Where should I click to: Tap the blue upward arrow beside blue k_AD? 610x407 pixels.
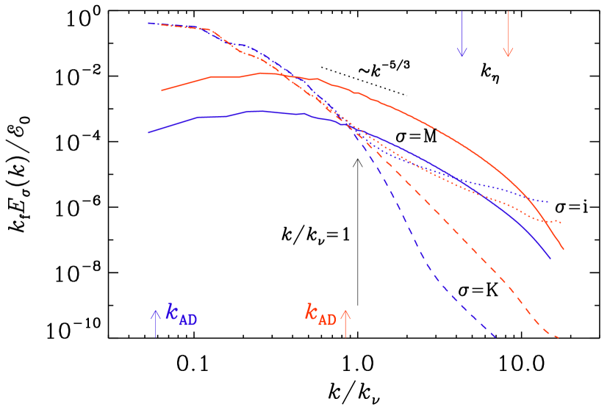coord(155,323)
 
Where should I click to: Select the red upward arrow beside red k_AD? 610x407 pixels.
coord(345,323)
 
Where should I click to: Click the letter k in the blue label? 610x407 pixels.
coord(172,312)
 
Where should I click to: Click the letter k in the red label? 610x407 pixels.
coord(312,312)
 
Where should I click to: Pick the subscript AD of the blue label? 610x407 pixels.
coord(188,320)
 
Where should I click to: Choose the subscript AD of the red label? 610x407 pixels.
coord(328,320)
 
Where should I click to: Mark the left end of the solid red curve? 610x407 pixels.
coord(162,91)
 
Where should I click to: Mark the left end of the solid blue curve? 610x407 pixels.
coord(149,132)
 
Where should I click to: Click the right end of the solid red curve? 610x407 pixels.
coord(564,250)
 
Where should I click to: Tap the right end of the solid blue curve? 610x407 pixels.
coord(550,259)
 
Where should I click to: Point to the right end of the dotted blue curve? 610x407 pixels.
coord(548,201)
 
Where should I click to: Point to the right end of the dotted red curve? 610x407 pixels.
coord(561,222)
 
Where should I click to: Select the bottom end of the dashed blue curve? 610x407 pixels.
coord(496,338)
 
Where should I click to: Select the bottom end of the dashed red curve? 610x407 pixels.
coord(559,338)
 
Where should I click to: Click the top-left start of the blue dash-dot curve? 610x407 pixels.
coord(149,23)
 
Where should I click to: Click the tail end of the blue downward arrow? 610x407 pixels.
coord(462,12)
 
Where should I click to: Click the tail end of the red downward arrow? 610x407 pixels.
coord(508,12)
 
